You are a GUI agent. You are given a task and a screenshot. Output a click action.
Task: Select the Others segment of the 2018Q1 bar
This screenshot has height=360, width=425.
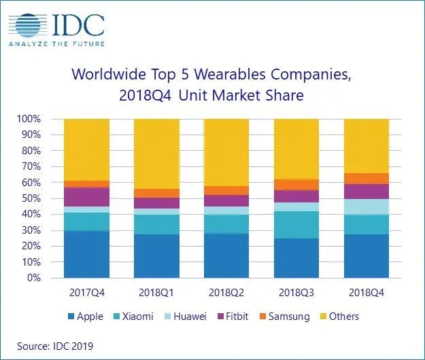pos(156,154)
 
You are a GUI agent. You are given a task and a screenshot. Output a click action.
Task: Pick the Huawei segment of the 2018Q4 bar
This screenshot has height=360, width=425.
pos(367,206)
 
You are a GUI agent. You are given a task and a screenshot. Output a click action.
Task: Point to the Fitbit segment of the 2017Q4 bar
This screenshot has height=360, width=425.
pos(86,197)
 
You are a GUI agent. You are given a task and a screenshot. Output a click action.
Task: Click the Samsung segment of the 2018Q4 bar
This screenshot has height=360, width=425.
pos(367,179)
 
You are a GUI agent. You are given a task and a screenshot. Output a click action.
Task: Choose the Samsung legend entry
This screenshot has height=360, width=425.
pos(285,317)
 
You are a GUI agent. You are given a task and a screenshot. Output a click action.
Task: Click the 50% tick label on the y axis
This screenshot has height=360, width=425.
pos(31,198)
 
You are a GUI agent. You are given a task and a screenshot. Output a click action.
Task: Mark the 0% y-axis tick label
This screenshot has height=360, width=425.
pos(33,278)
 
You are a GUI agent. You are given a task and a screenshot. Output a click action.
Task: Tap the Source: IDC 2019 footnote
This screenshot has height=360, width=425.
pos(55,346)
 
